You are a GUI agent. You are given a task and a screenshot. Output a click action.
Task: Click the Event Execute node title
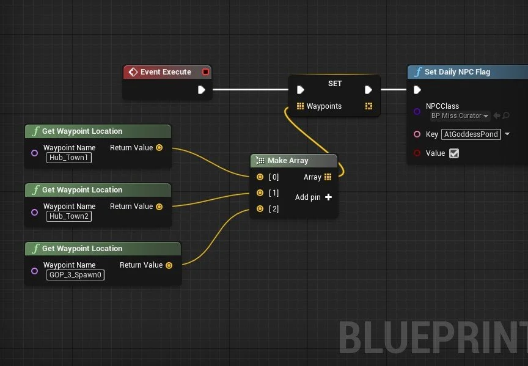coord(166,72)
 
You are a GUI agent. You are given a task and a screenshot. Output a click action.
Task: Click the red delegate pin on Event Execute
coord(205,72)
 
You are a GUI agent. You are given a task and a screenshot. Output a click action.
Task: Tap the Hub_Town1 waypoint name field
coord(68,158)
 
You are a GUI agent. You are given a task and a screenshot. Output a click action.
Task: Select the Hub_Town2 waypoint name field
coord(68,216)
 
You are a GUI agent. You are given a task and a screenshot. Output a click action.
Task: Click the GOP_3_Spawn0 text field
coord(75,275)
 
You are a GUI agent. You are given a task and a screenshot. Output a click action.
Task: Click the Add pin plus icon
coord(328,197)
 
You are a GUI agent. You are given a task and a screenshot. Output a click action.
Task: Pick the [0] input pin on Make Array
coord(260,177)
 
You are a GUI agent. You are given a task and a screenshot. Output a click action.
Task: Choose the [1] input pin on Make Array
coord(260,193)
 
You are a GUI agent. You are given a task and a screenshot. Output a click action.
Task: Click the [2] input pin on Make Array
coord(260,209)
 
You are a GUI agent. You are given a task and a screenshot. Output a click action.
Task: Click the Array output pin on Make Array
coord(328,177)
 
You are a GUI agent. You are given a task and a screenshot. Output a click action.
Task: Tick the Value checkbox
coord(453,153)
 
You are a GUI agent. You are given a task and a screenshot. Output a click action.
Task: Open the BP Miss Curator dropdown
coord(460,116)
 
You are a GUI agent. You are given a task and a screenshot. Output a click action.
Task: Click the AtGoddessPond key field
coord(471,134)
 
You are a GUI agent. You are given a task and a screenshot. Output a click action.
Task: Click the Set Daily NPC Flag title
coord(457,72)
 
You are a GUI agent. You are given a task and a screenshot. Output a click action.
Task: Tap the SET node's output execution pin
coord(369,90)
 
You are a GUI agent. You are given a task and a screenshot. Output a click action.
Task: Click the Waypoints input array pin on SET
coord(300,106)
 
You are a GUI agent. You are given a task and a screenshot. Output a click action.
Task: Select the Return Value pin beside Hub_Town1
coord(159,148)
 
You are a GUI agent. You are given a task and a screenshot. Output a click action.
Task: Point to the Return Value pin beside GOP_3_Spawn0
coord(169,265)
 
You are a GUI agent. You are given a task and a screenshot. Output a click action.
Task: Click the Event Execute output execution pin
coord(202,90)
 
